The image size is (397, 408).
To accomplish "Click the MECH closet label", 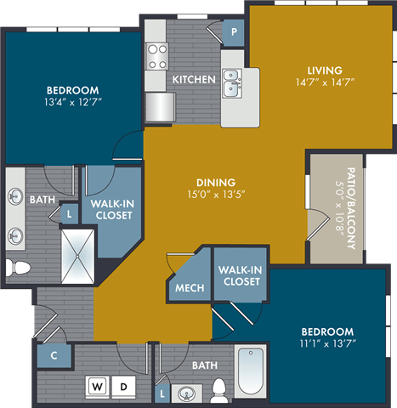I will tap(190, 288).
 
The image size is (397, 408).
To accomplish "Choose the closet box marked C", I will tap(53, 355).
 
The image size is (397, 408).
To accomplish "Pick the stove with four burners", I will tap(158, 56).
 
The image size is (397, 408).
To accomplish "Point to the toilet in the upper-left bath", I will tap(20, 267).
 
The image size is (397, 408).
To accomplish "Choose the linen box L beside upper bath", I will tap(68, 213).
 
